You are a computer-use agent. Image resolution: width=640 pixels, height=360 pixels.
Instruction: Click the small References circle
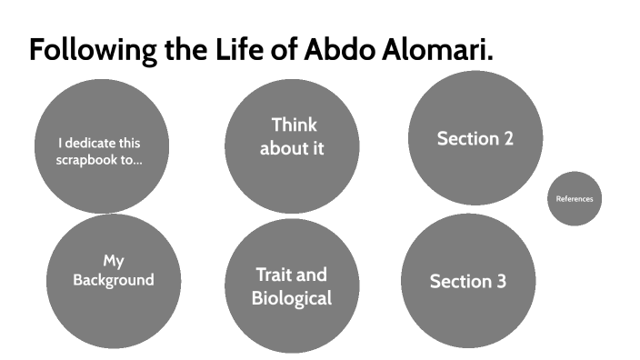(x=575, y=198)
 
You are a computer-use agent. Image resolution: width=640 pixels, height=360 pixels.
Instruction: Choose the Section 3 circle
(x=467, y=282)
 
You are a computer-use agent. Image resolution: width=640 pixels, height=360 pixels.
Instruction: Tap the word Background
(x=114, y=280)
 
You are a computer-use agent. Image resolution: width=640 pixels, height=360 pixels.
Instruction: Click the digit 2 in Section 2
(x=507, y=139)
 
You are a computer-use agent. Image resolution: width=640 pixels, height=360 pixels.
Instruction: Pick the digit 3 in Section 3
(x=500, y=282)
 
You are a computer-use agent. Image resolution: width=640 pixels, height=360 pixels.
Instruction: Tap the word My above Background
(x=113, y=262)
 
